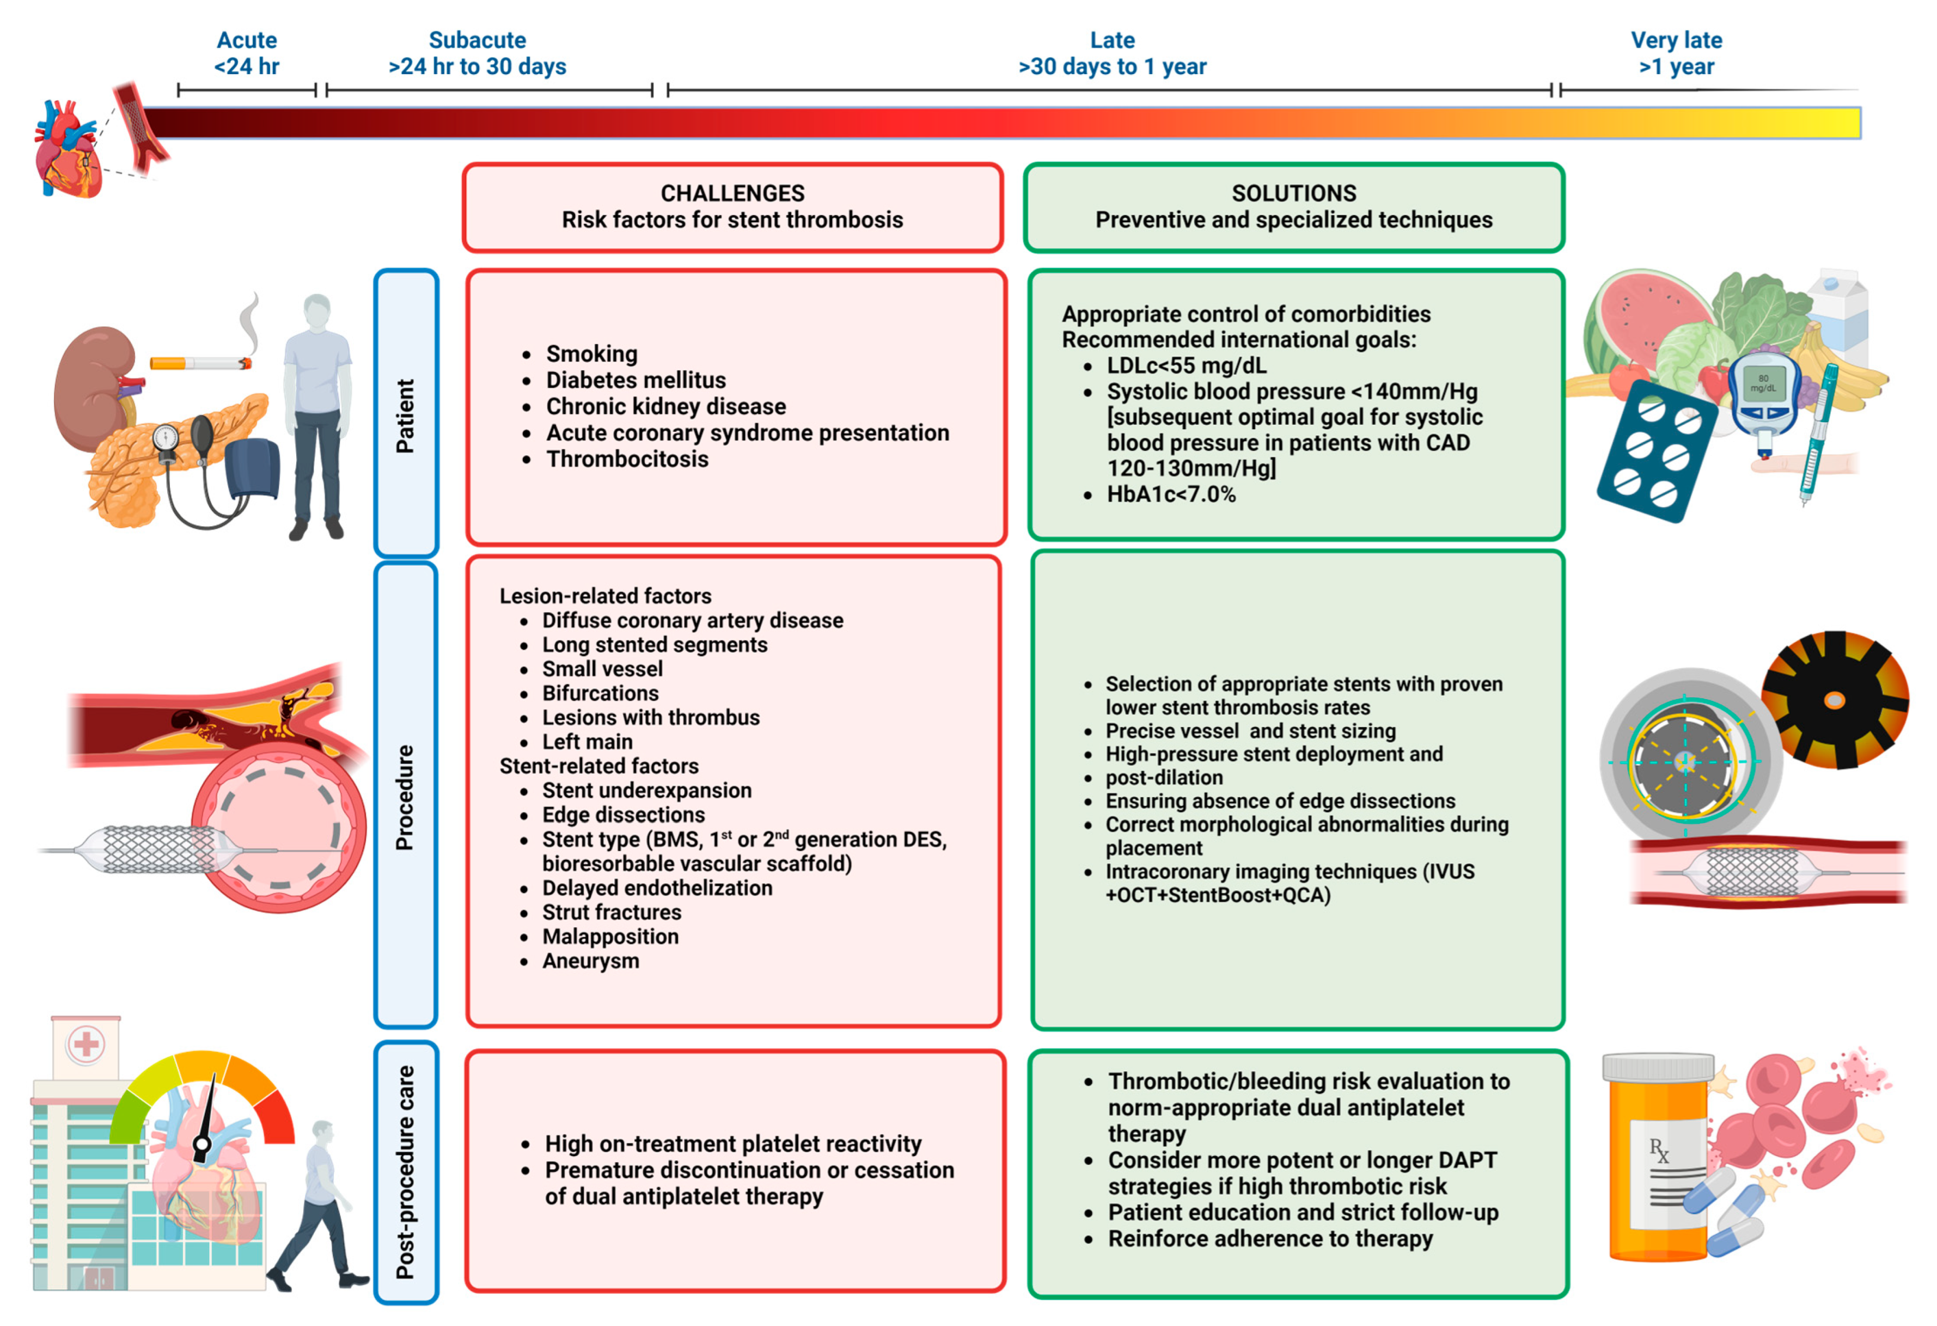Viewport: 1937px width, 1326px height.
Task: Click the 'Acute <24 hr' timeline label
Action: pyautogui.click(x=247, y=52)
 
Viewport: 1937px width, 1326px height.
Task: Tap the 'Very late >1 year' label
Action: pyautogui.click(x=1676, y=52)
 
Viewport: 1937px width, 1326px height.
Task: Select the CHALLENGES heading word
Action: pyautogui.click(x=732, y=193)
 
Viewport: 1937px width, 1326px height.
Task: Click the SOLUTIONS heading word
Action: pyautogui.click(x=1293, y=193)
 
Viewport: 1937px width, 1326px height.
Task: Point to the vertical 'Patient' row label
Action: pyautogui.click(x=405, y=415)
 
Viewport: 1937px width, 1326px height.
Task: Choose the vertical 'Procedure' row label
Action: pyautogui.click(x=405, y=797)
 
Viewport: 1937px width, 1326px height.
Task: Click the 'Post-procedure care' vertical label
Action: pyautogui.click(x=405, y=1171)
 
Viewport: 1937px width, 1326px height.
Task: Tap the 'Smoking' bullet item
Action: pyautogui.click(x=592, y=354)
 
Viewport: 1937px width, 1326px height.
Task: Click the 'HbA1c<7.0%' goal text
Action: pyautogui.click(x=1170, y=494)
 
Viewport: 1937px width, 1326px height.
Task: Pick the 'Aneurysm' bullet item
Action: pyautogui.click(x=590, y=961)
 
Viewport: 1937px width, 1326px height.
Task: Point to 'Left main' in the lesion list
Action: pyautogui.click(x=587, y=742)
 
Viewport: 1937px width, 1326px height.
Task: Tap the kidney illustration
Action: pyautogui.click(x=91, y=388)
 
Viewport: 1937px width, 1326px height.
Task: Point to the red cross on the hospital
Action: pyautogui.click(x=86, y=1043)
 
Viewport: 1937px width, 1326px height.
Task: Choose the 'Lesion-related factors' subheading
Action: pyautogui.click(x=605, y=596)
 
